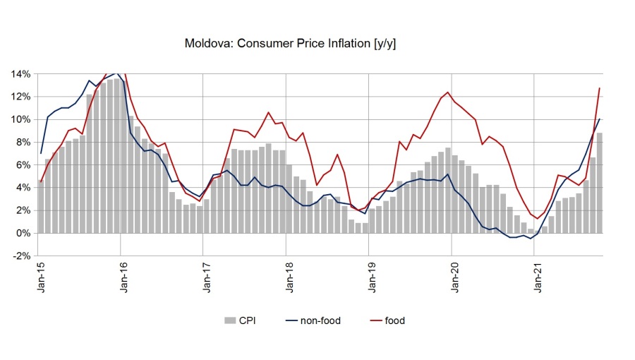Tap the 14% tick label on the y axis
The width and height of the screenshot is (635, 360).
pyautogui.click(x=20, y=73)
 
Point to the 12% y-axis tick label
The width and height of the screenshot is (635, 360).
pyautogui.click(x=20, y=96)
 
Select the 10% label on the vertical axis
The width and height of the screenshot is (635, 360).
pyautogui.click(x=20, y=119)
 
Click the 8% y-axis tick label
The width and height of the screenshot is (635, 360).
pyautogui.click(x=22, y=142)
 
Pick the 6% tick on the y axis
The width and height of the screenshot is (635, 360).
pyautogui.click(x=22, y=164)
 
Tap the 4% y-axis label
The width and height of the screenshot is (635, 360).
pyautogui.click(x=22, y=188)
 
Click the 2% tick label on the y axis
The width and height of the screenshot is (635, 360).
pyautogui.click(x=22, y=210)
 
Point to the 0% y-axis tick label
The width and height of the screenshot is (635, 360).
pyautogui.click(x=22, y=233)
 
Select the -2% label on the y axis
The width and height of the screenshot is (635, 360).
pyautogui.click(x=20, y=256)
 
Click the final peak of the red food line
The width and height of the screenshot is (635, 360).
pyautogui.click(x=600, y=88)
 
